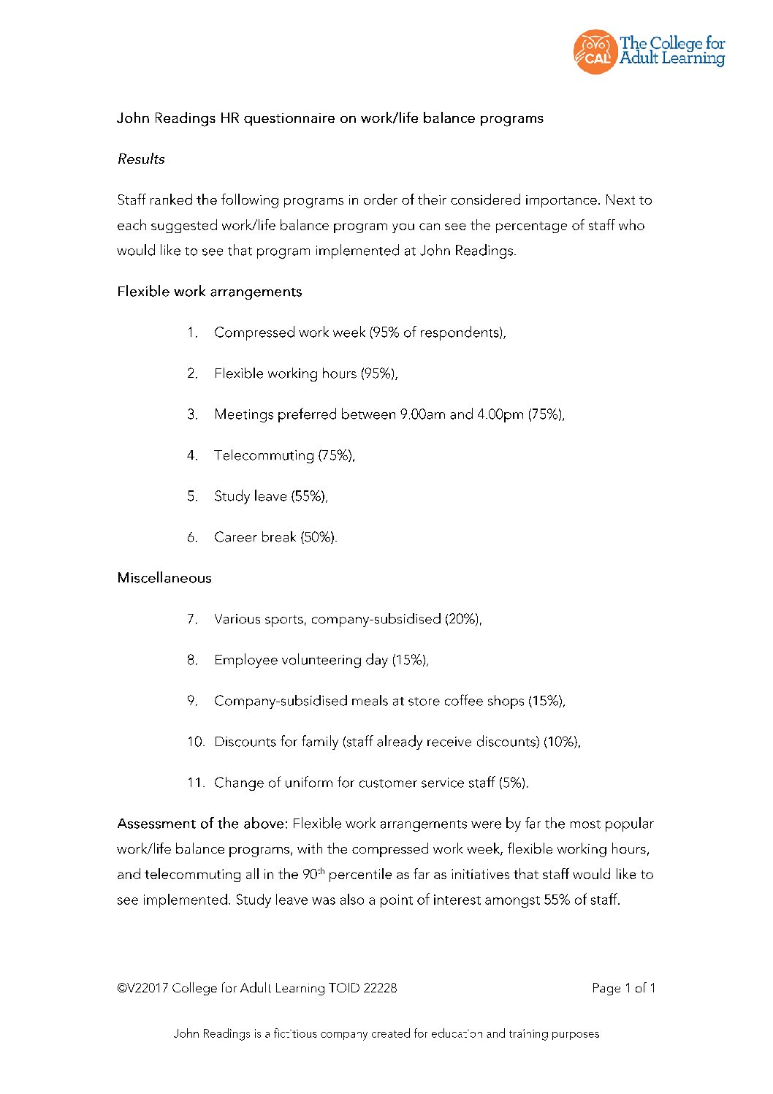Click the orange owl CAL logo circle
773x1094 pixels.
[x=595, y=52]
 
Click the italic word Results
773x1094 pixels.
[x=141, y=159]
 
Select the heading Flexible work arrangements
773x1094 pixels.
[x=209, y=292]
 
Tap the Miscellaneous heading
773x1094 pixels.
[x=164, y=578]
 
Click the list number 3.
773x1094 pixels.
[x=192, y=414]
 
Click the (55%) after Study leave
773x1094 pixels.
[x=309, y=496]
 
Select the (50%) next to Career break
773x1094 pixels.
[x=319, y=537]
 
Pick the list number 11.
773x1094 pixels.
[x=195, y=783]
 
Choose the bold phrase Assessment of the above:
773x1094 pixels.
[x=202, y=824]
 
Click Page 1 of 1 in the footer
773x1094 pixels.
[x=623, y=988]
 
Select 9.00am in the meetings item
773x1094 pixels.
[x=422, y=414]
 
